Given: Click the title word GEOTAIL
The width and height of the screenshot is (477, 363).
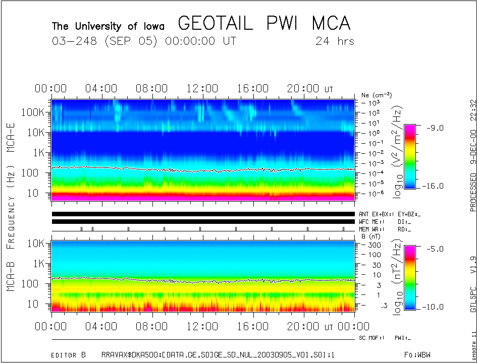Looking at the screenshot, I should pos(215,23).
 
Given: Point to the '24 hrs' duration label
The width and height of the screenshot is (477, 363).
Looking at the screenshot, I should pos(335,41).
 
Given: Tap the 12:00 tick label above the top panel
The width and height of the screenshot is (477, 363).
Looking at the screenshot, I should pos(202,89).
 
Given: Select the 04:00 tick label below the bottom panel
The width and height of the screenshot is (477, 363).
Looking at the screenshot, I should pos(102,327).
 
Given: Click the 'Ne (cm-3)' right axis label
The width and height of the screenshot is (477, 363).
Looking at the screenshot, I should pos(377,95).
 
